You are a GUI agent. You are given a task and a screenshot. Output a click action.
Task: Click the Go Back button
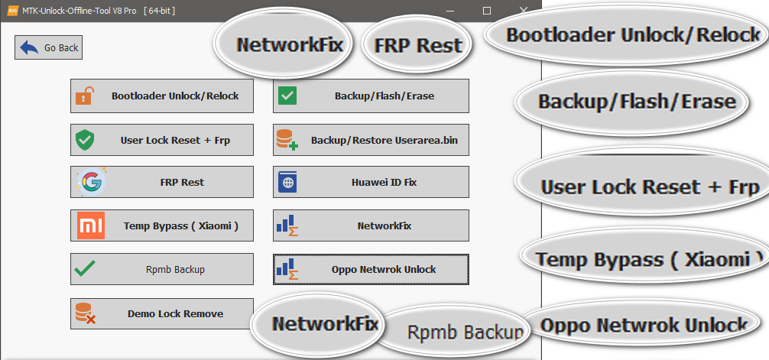click(48, 47)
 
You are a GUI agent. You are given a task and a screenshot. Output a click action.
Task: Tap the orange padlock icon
click(85, 96)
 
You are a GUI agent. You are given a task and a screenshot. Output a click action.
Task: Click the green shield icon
click(85, 141)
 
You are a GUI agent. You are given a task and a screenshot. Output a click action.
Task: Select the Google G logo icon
click(89, 183)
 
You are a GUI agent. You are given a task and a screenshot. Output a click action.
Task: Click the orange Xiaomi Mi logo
click(90, 225)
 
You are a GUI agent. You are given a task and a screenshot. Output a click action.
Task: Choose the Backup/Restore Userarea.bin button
click(371, 141)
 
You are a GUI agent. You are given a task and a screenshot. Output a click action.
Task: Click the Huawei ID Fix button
click(371, 183)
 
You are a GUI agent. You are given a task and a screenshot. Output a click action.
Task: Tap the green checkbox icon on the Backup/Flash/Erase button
click(287, 96)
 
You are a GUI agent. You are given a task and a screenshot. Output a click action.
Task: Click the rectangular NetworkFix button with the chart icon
click(371, 225)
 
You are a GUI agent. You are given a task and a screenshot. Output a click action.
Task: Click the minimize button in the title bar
click(453, 11)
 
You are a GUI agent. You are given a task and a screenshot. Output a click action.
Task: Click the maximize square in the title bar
click(488, 11)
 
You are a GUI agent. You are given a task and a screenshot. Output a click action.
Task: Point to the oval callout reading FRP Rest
click(417, 45)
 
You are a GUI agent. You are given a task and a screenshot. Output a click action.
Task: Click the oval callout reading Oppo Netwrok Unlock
click(643, 325)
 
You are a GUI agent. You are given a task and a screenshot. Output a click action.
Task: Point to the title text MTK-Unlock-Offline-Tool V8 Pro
click(83, 11)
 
